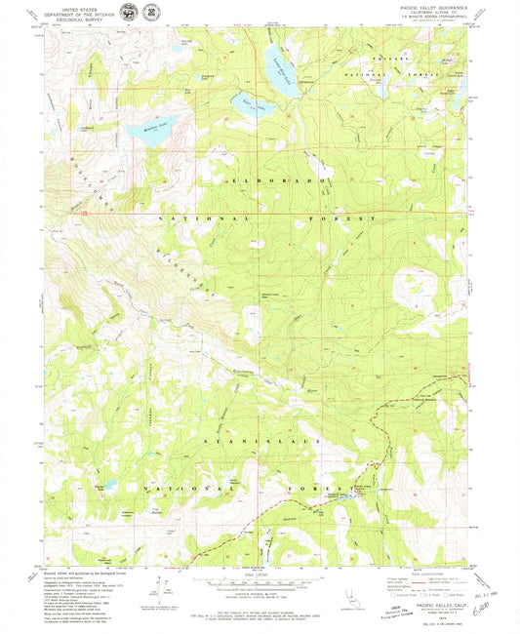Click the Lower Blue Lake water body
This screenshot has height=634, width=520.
coord(275,71)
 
